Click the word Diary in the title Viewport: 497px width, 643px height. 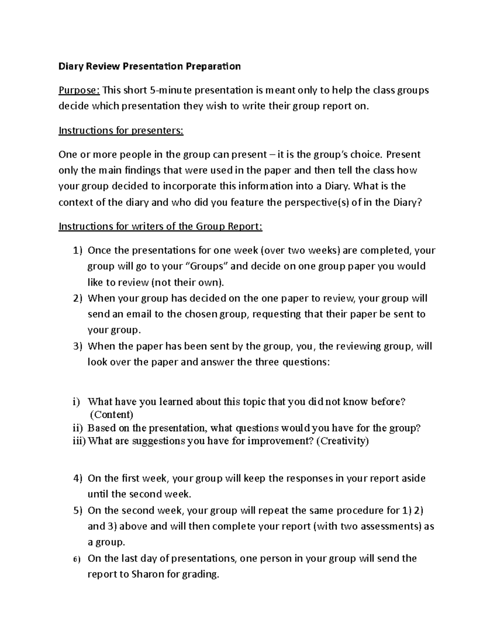(71, 67)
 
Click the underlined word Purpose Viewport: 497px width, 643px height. (79, 90)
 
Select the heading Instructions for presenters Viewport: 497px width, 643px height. (121, 131)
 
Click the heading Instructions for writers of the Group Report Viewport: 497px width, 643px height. (161, 227)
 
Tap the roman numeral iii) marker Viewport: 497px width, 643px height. (77, 441)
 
